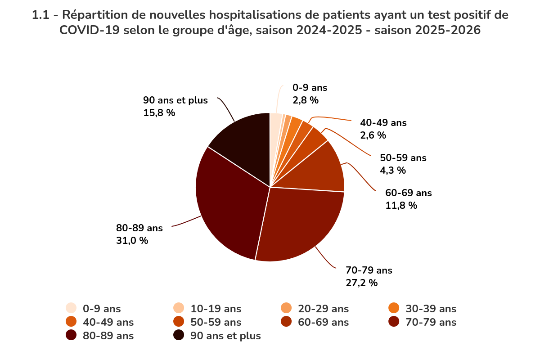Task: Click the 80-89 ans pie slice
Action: click(x=225, y=202)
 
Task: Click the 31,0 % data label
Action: click(x=132, y=241)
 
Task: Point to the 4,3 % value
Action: click(x=393, y=171)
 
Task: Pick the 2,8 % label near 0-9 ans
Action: click(x=306, y=100)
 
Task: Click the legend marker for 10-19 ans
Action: click(x=179, y=309)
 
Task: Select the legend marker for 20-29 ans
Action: click(x=286, y=309)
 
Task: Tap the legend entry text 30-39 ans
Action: click(x=431, y=309)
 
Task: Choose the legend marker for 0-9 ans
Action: click(x=71, y=309)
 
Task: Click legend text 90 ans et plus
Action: click(x=225, y=336)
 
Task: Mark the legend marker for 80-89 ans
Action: click(x=71, y=336)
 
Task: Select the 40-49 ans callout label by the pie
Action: click(x=383, y=123)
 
